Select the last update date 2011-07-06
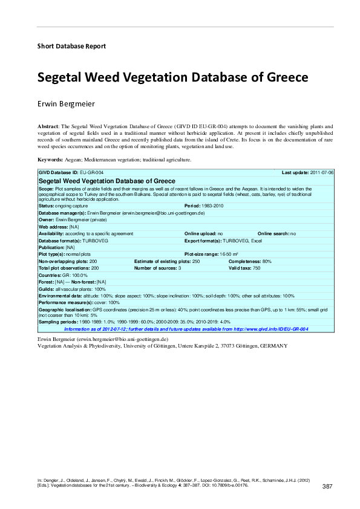[x=322, y=173]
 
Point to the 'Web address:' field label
[x=53, y=227]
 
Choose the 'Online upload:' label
[x=200, y=233]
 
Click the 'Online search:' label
[x=273, y=233]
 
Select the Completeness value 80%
[x=267, y=261]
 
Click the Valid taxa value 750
[x=257, y=268]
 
